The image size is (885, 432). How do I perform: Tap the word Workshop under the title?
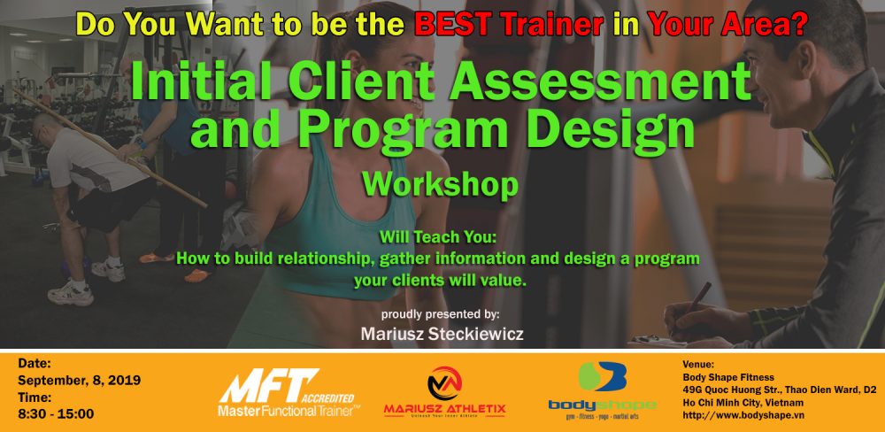coord(440,185)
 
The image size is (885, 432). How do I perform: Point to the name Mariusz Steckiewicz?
coord(442,334)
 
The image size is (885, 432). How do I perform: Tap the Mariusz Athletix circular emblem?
coord(445,383)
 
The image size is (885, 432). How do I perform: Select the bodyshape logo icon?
coord(602,376)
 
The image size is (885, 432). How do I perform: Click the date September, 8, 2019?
coord(79,380)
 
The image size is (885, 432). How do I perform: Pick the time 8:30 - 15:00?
coord(56,414)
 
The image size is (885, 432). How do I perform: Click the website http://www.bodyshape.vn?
coord(744,415)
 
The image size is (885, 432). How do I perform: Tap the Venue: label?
coord(698,365)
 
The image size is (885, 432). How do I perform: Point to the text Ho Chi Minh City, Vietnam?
coord(743,403)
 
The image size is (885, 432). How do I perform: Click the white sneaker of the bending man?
coord(71,294)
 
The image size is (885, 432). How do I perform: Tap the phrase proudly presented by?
coord(440,314)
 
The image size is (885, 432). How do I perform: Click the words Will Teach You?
coord(440,236)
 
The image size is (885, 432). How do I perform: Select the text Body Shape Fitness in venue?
coord(728,377)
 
